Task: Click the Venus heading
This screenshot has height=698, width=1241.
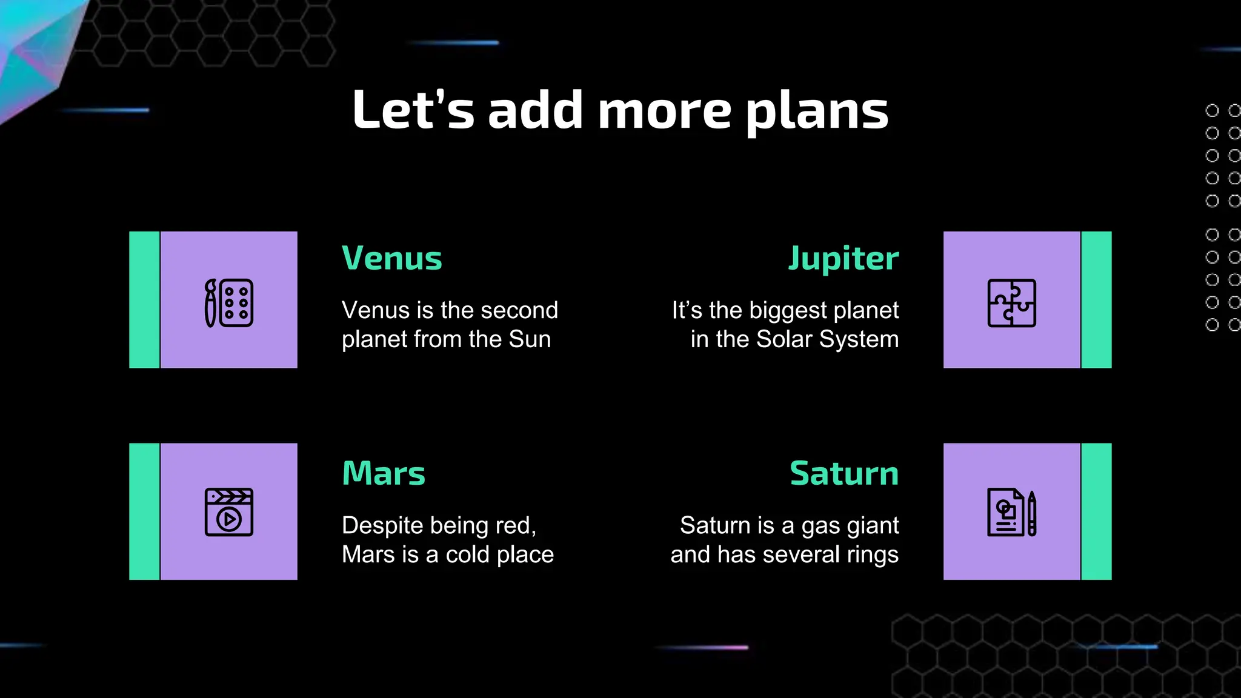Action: coord(392,259)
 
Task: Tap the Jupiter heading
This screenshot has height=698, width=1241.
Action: coord(843,259)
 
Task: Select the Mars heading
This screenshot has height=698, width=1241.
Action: coord(384,473)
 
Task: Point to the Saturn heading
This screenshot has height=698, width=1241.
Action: coord(844,473)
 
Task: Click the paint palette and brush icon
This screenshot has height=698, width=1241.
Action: coord(229,303)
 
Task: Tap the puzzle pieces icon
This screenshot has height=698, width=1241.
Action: coord(1011,303)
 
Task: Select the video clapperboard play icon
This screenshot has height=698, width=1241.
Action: coord(229,512)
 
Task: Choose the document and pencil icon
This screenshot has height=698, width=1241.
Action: coord(1011,513)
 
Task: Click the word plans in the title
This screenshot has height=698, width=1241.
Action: coord(817,111)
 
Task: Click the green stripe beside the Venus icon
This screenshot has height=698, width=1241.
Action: coord(144,299)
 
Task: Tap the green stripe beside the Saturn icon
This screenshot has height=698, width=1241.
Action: coord(1096,511)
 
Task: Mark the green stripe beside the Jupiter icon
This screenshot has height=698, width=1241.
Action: coord(1096,299)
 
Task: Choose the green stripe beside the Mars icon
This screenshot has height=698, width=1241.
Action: coord(144,511)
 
